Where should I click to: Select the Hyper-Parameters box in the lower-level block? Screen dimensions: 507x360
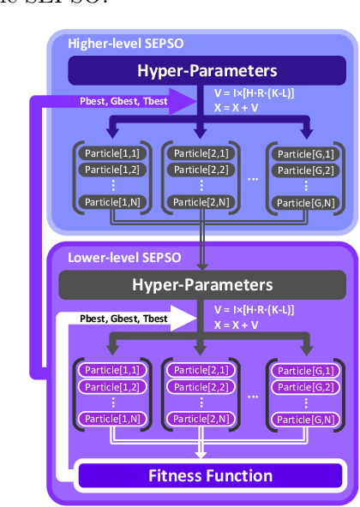click(x=200, y=284)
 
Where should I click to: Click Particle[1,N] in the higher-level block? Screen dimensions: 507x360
click(x=107, y=201)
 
